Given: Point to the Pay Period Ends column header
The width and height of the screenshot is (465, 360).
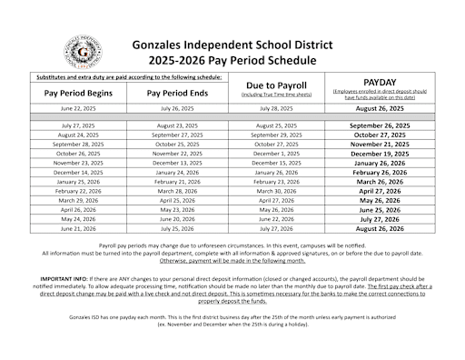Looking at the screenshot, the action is [x=178, y=92].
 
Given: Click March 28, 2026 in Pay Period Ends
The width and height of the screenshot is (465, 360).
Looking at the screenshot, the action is [x=178, y=192].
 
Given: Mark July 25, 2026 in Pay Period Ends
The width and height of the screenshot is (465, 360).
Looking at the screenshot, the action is [x=178, y=229].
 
